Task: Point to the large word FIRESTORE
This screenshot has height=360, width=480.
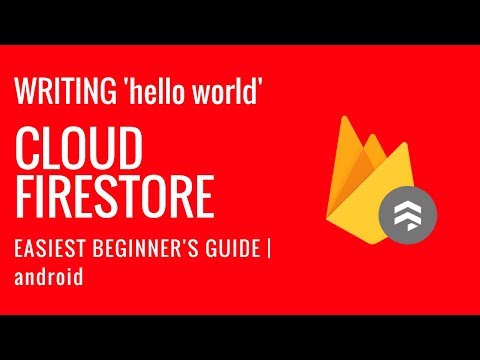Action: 116,197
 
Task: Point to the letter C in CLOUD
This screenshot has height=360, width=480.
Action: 29,151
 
